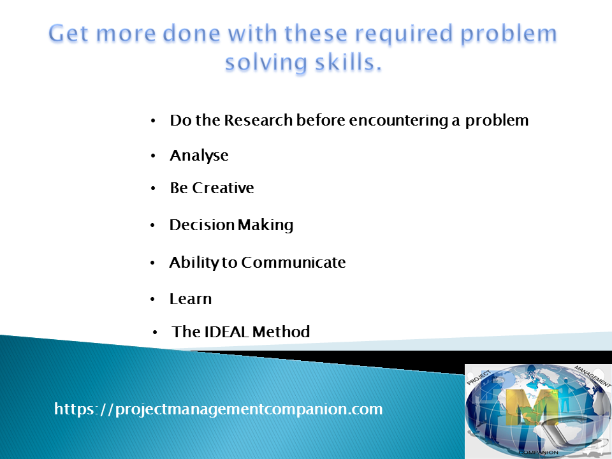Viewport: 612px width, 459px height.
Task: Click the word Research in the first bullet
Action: pos(258,120)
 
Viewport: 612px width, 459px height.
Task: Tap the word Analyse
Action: pos(199,156)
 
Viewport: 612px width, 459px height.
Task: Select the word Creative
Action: pos(223,188)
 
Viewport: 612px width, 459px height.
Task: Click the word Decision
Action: pos(202,225)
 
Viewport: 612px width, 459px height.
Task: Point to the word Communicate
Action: pos(293,262)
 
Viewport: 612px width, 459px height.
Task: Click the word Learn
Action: pos(191,299)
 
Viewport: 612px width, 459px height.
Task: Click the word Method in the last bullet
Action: pos(281,331)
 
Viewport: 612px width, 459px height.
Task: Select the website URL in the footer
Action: pos(219,409)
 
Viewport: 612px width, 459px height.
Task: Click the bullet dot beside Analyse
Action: pos(153,156)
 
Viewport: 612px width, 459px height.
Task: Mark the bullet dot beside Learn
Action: pos(152,300)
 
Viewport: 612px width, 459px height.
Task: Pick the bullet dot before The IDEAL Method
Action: pos(155,332)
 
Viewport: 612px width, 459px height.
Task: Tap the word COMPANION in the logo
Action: pos(539,452)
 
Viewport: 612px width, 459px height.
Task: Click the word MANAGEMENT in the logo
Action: pos(592,376)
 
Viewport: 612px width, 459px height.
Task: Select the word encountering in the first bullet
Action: pos(398,120)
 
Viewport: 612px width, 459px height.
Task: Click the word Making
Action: pos(265,225)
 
